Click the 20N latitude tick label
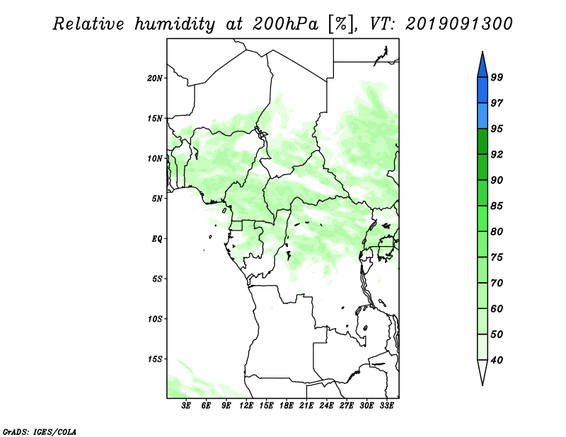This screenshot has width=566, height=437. pos(155,78)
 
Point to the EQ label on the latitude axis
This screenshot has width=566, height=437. pos(157,238)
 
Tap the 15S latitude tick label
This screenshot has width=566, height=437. pos(155,359)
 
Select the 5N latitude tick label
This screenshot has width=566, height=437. pos(157,199)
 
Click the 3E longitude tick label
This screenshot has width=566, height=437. pos(186,406)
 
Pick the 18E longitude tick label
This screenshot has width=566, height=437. pos(287,406)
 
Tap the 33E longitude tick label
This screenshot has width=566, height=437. pos(386,406)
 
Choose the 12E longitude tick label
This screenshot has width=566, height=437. pos(246,406)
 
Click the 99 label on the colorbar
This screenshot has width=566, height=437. pos(497,77)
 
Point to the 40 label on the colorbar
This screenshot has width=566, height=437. pos(497,360)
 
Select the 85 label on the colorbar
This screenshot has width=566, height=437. pos(497,206)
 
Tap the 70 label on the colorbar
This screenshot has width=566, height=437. pos(497,283)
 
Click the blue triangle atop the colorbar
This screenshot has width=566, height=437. pos(483,67)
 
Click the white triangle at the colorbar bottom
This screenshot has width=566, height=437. pos(483,370)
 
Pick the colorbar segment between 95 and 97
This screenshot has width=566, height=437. pos(483,116)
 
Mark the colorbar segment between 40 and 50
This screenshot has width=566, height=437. pos(483,347)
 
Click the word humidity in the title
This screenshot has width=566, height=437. pos(175,24)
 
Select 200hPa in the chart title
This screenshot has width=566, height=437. pos(285,24)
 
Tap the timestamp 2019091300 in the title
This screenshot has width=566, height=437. pos(458,24)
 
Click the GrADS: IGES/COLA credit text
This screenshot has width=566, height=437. pos(40,432)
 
